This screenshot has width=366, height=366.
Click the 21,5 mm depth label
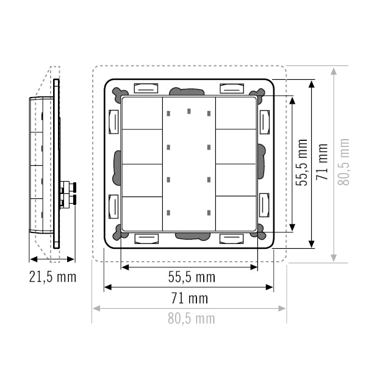tap(52, 277)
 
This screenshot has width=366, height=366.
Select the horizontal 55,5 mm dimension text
tap(192, 277)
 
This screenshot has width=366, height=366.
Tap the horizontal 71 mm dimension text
tap(190, 298)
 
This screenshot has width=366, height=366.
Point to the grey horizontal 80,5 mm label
tap(191, 318)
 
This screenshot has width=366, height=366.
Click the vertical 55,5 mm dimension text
tap(301, 163)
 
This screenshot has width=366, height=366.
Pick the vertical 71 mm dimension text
tap(322, 162)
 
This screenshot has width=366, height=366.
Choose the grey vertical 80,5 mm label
tap(343, 162)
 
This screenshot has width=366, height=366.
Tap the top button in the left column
tap(142, 113)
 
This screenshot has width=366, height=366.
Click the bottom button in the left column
tap(142, 214)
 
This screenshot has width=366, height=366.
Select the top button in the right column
tap(236, 113)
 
